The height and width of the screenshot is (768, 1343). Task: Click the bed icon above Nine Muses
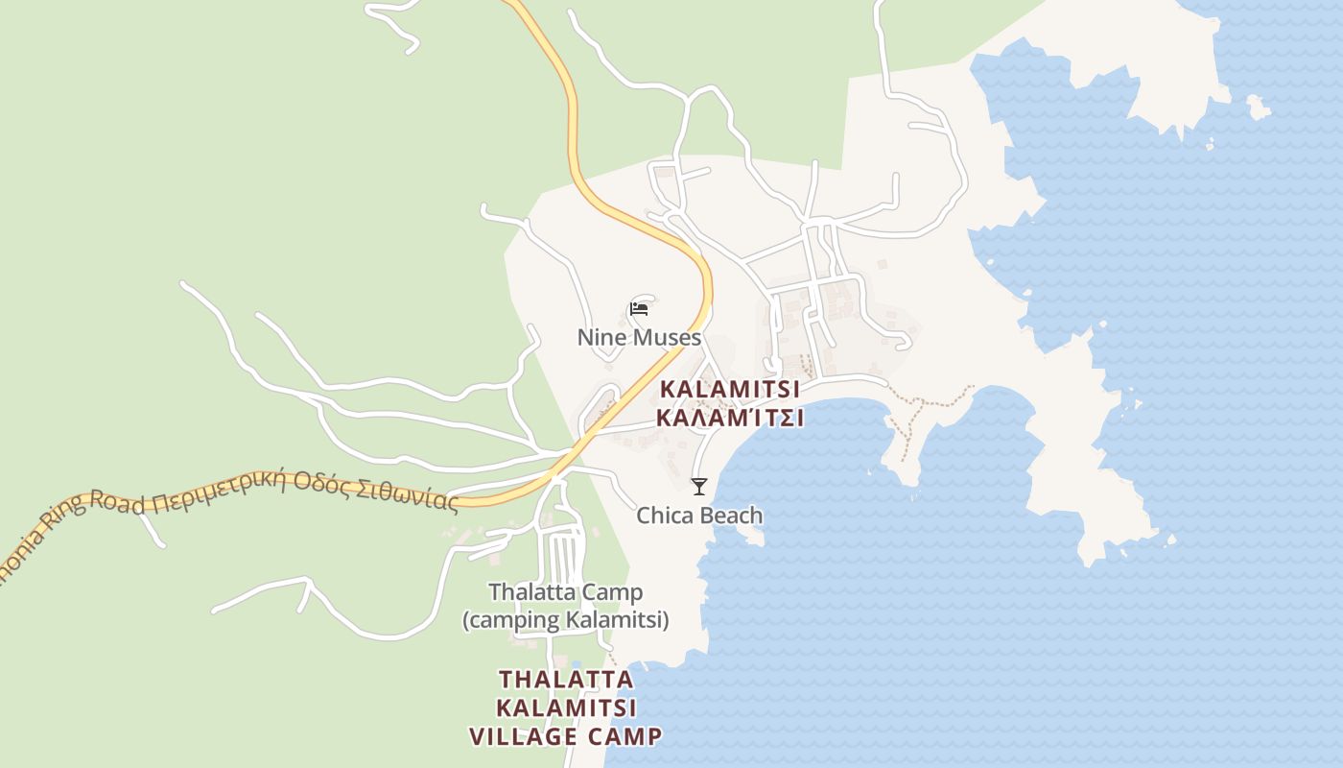639,309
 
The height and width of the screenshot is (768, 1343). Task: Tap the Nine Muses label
639,338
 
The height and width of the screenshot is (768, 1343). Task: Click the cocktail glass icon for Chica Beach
699,487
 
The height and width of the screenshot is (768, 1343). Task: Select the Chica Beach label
700,516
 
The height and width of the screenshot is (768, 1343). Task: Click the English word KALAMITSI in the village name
730,392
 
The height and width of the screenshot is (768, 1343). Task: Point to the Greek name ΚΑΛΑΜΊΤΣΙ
730,419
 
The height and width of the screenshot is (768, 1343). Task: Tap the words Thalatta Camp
565,592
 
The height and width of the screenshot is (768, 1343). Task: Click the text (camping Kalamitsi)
565,620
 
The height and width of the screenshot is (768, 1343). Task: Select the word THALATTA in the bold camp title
566,680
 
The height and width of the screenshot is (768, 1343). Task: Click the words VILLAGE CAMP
566,737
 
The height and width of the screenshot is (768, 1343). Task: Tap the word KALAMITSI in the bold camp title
566,708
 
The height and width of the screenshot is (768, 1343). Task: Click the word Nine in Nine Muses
599,338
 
